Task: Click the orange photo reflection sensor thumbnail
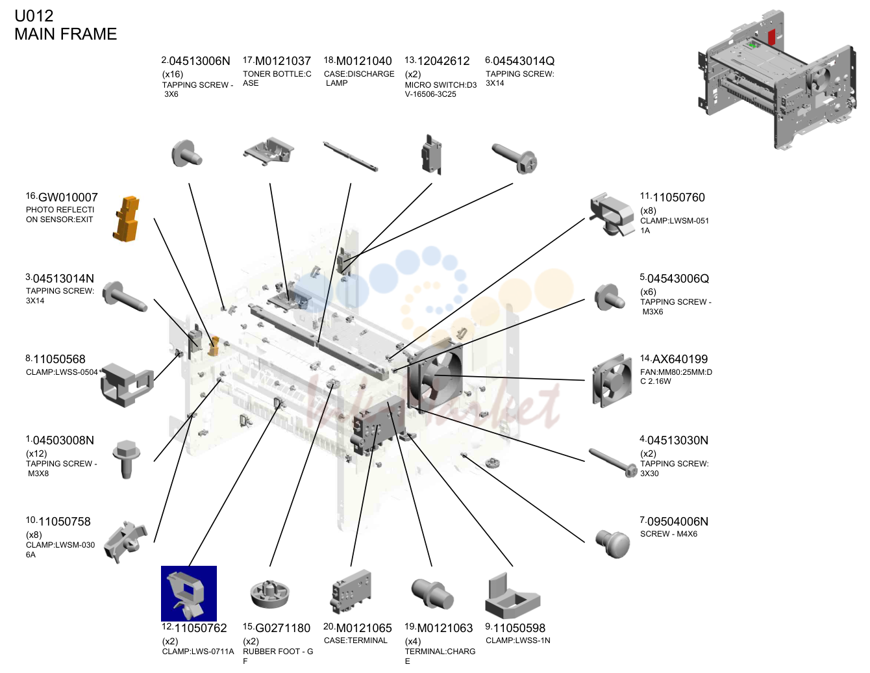(127, 219)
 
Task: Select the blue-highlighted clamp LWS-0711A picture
(188, 593)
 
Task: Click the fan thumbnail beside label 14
(612, 381)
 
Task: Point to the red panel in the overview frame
(771, 37)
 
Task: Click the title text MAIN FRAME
(66, 34)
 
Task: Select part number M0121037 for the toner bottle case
(282, 61)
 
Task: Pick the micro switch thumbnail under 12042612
(431, 155)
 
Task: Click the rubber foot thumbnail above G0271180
(269, 594)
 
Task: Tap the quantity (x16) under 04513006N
(173, 74)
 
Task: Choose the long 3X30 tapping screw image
(613, 463)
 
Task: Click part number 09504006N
(677, 522)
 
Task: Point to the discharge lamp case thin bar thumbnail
(351, 156)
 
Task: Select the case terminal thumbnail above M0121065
(351, 592)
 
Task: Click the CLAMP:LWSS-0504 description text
(62, 372)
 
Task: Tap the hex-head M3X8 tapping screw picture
(127, 459)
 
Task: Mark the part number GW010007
(68, 197)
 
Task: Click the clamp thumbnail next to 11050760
(612, 214)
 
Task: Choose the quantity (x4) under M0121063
(413, 641)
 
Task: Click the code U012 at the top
(34, 16)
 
